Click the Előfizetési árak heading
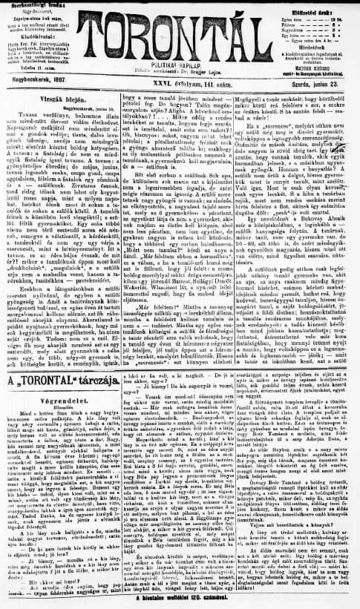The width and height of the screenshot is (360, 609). (x=321, y=10)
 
